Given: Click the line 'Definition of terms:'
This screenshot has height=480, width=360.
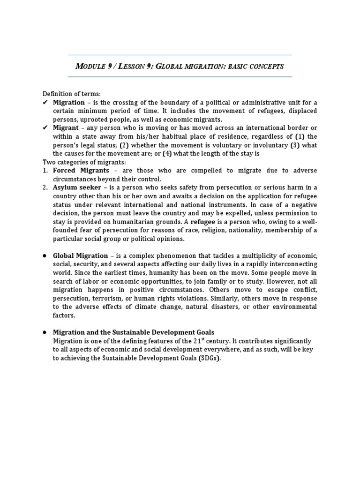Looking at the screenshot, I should (72, 94).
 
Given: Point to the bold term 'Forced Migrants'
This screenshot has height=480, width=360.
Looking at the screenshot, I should (81, 171).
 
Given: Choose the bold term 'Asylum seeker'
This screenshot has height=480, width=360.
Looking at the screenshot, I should (77, 187).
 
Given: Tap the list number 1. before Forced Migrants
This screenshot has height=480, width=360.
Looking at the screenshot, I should (46, 171).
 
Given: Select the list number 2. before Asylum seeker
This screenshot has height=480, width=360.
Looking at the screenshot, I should (46, 187).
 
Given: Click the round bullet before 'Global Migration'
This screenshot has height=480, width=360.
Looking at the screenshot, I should (45, 255).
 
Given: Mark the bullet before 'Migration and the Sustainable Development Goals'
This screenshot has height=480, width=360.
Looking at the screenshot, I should (45, 332).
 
